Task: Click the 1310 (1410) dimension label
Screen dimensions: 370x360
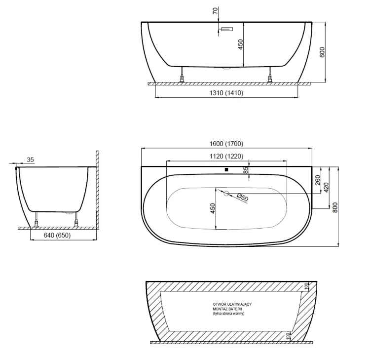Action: [x=226, y=93]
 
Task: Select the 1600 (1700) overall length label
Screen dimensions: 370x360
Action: [x=226, y=144]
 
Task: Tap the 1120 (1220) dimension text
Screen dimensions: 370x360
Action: [x=226, y=156]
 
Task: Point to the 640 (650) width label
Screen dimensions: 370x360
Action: [x=57, y=235]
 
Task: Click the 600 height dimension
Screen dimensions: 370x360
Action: [x=322, y=52]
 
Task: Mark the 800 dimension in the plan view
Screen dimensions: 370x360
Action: [x=335, y=207]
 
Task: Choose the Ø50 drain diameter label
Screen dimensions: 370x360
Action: [x=242, y=198]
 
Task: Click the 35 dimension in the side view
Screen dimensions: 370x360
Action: [x=30, y=160]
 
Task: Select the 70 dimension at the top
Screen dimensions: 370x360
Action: [x=216, y=11]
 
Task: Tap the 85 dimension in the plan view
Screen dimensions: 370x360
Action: [x=246, y=170]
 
